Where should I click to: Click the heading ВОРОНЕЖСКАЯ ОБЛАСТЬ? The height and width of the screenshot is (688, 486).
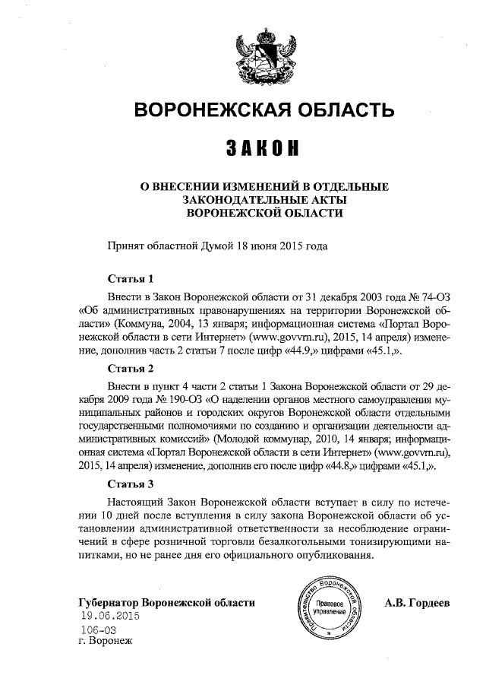[x=264, y=111]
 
